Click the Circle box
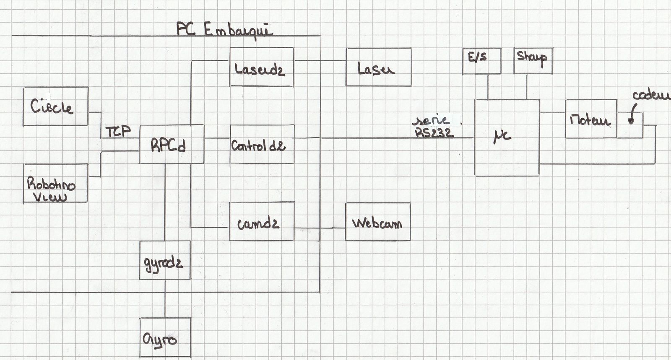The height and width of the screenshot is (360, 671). (55, 106)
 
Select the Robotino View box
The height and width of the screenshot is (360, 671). (55, 183)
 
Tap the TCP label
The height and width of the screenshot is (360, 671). (118, 132)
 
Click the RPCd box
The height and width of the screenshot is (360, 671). (172, 144)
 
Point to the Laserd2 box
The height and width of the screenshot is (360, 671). (262, 67)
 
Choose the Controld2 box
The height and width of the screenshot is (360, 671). (262, 145)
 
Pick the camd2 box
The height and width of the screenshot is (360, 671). (262, 221)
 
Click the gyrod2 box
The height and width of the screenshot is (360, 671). (165, 260)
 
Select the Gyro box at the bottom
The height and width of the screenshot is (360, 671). (165, 338)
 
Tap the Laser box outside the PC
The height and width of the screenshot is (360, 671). (378, 67)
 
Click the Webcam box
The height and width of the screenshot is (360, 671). (377, 221)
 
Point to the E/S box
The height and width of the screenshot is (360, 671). (481, 61)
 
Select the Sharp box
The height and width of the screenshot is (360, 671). (533, 61)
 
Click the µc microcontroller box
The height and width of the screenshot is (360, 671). (507, 137)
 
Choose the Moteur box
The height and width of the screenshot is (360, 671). (591, 119)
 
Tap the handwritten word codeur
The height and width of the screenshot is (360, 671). (650, 96)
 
